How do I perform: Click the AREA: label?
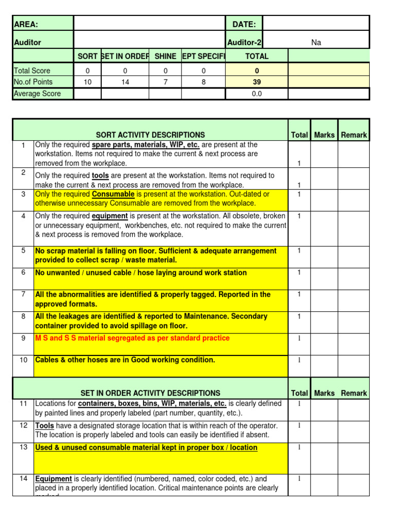(26, 25)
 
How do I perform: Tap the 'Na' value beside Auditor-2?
(316, 43)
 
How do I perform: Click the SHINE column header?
(165, 57)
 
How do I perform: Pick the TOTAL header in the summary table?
(257, 57)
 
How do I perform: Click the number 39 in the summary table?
(257, 82)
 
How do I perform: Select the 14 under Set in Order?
(125, 82)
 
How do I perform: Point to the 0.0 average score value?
(257, 93)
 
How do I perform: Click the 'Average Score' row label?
(37, 93)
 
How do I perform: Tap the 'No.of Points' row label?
(33, 82)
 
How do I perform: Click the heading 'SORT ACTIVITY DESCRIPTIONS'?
(150, 135)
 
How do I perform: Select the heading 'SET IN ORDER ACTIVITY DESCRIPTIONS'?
(150, 393)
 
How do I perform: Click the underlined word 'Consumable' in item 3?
(113, 194)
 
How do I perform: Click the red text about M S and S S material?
(132, 338)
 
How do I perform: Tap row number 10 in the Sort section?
(23, 360)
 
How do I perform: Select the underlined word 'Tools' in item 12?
(44, 426)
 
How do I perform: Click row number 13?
(23, 447)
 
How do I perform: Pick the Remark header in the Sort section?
(354, 135)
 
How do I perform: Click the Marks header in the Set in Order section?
(324, 393)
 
